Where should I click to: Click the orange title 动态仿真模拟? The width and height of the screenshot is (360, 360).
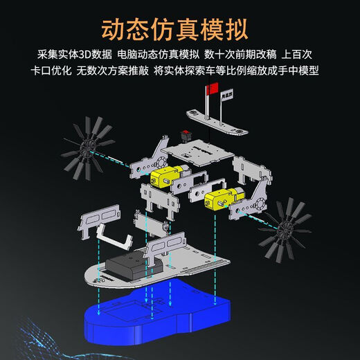(x=179, y=30)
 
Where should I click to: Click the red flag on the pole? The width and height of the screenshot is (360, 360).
(x=212, y=88)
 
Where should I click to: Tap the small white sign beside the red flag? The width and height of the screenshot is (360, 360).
(x=225, y=100)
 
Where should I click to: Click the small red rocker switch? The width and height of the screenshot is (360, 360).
(x=186, y=134)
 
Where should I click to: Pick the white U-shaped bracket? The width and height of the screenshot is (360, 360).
(x=115, y=236)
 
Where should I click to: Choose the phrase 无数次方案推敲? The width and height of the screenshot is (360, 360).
(x=111, y=71)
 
